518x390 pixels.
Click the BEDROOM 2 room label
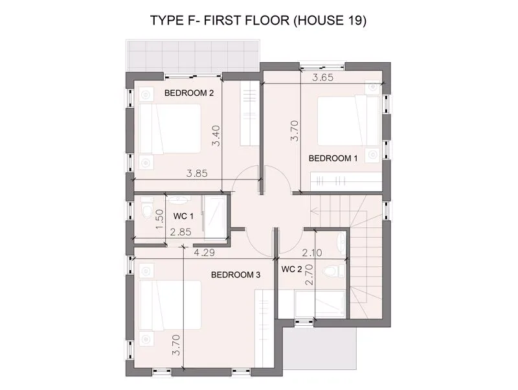[x=189, y=93]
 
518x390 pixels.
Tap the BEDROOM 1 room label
[x=333, y=158]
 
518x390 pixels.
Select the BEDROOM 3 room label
[x=236, y=275]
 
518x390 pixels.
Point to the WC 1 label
[x=183, y=216]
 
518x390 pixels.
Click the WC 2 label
[x=292, y=270]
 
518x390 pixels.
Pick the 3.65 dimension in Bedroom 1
[x=322, y=78]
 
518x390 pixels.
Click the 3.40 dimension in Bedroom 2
[x=216, y=136]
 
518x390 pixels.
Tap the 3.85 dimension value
[x=197, y=173]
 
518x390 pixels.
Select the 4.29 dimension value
[x=204, y=253]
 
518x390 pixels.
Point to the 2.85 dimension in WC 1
[x=181, y=232]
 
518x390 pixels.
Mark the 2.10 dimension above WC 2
[x=312, y=253]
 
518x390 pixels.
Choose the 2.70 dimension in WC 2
[x=310, y=275]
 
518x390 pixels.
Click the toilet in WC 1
[x=147, y=208]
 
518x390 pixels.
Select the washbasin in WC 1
[x=179, y=200]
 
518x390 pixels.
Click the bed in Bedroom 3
[x=170, y=304]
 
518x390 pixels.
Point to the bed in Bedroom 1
[x=348, y=120]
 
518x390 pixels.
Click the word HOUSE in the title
[x=317, y=21]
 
